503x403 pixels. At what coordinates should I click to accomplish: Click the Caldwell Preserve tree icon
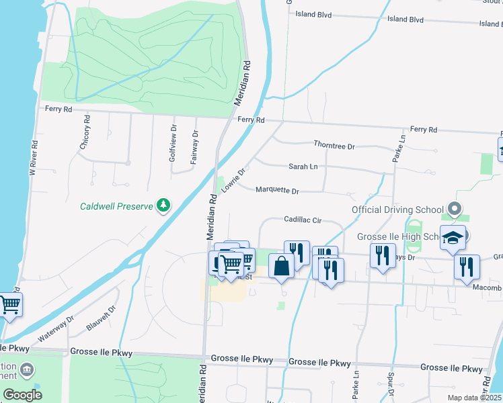point(163,205)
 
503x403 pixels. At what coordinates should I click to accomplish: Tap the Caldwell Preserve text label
point(116,206)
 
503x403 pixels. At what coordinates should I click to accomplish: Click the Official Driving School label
point(398,210)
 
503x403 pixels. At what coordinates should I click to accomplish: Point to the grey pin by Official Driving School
point(455,209)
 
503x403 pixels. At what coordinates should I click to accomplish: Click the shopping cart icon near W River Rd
point(9,305)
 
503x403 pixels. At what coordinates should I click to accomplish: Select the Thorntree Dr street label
point(334,145)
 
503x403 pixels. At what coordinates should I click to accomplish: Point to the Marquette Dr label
point(277,191)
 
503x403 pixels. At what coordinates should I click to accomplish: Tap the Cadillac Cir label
point(303,220)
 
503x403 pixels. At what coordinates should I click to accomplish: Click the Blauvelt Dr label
point(102,319)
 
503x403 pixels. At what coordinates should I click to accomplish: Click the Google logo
point(22,395)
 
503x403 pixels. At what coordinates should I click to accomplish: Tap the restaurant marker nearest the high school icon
point(466,267)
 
